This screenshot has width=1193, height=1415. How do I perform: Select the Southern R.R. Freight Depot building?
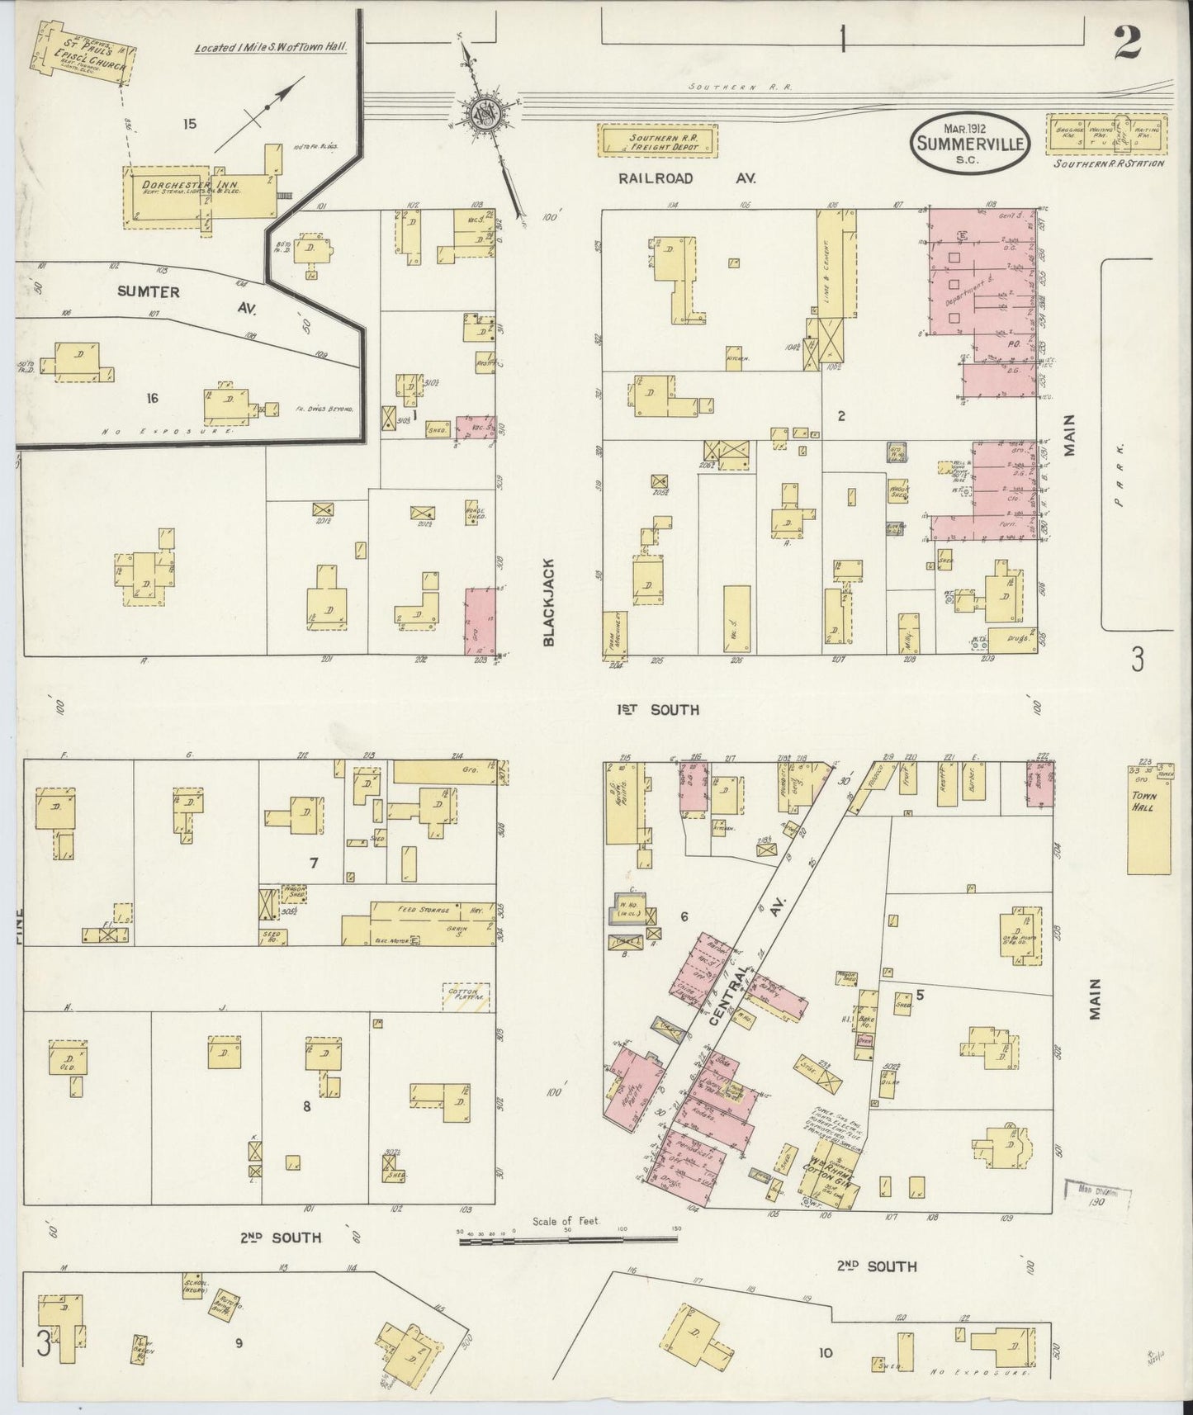[x=658, y=140]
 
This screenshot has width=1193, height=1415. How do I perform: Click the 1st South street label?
[x=657, y=709]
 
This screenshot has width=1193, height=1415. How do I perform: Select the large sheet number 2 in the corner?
[x=1126, y=42]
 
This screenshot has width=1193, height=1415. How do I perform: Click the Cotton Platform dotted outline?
[x=466, y=996]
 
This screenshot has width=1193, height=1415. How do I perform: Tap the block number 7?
[x=314, y=864]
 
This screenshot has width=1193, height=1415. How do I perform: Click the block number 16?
[x=151, y=399]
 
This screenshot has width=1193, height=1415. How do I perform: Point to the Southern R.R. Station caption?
[x=1109, y=163]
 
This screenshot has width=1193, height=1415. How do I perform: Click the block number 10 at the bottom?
[x=826, y=1352]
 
